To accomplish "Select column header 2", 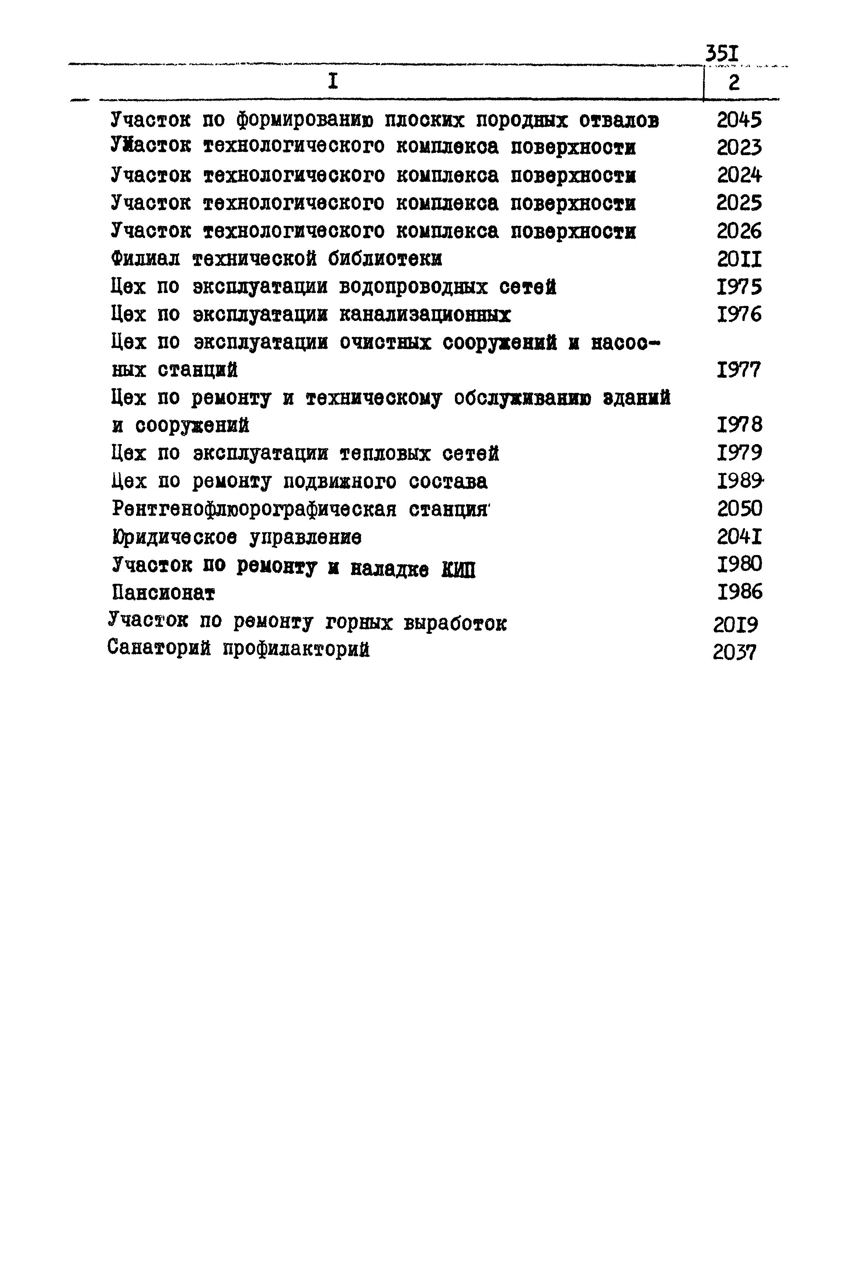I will (x=734, y=83).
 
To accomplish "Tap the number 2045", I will (x=739, y=120).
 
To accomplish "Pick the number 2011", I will (x=739, y=260).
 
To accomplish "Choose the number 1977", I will (x=739, y=371).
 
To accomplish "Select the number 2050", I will (x=739, y=509).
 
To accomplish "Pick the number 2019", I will (x=735, y=625).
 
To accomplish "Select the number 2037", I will (x=734, y=653).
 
